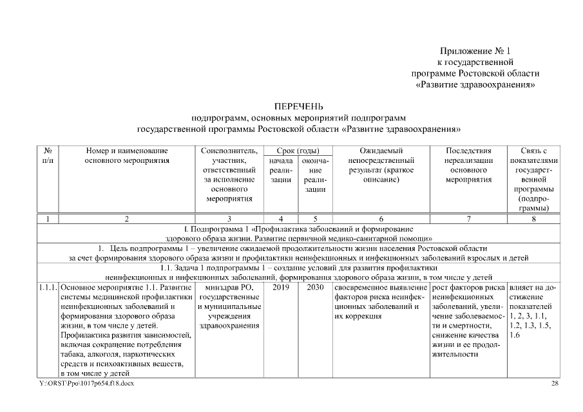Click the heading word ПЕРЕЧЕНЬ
point(298,106)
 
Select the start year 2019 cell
point(280,287)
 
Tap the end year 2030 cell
point(315,287)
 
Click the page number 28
point(555,384)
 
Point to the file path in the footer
point(86,384)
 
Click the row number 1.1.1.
point(48,287)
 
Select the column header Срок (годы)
point(298,151)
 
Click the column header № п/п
point(48,155)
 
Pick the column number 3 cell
point(229,219)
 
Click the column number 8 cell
point(533,219)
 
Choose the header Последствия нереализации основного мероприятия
point(468,165)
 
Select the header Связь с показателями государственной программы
point(533,179)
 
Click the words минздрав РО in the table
point(229,287)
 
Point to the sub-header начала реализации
point(280,170)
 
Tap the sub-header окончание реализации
point(315,174)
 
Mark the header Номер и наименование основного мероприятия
point(127,155)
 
